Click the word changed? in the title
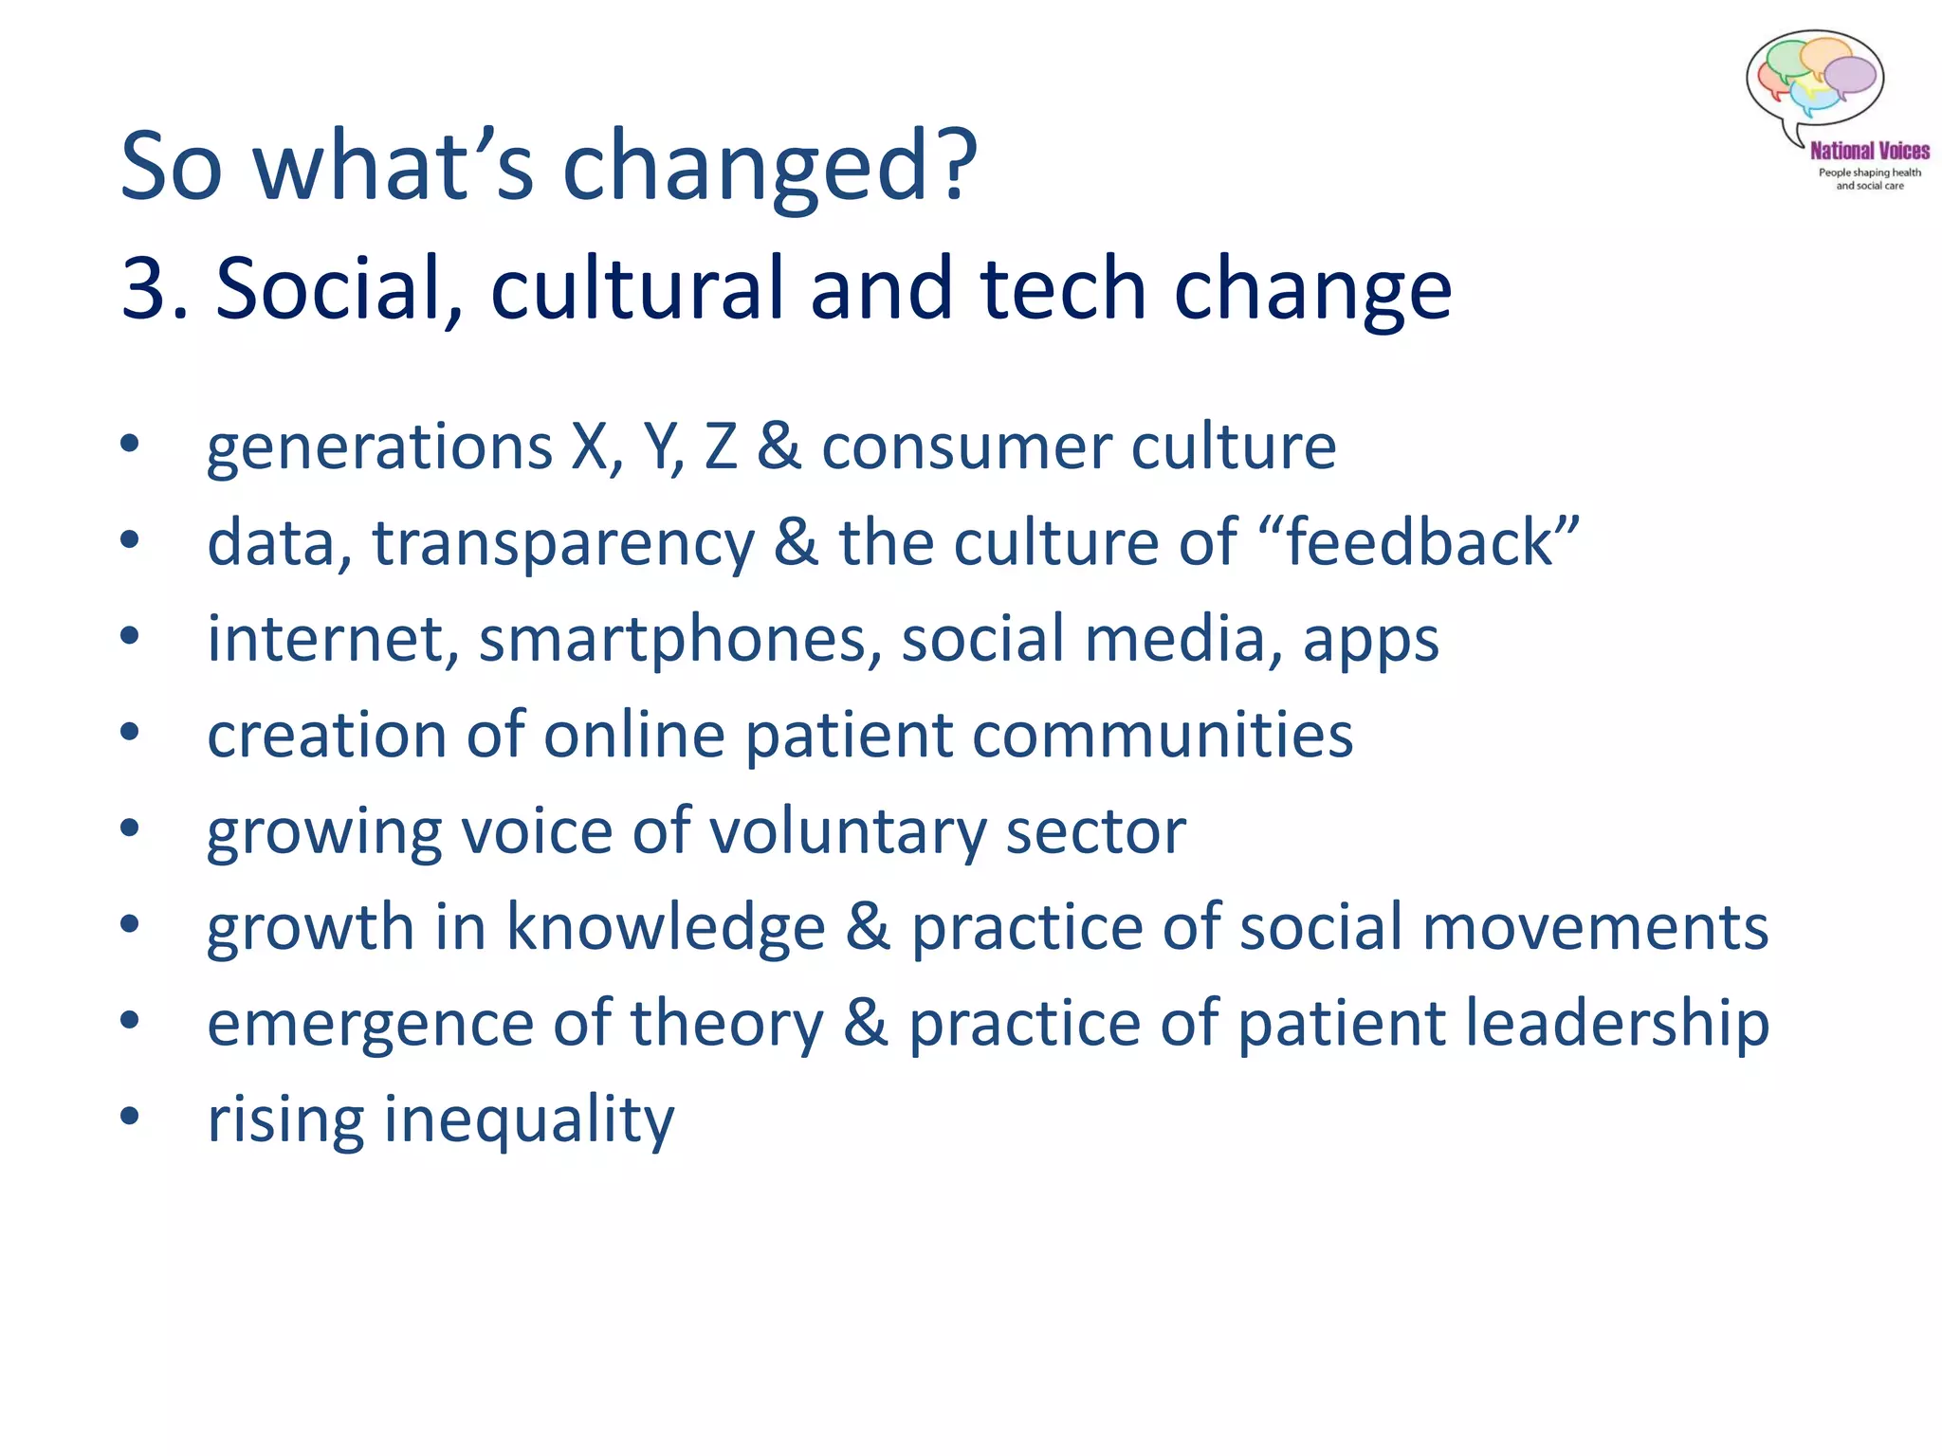[x=769, y=167]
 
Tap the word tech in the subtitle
[x=1063, y=289]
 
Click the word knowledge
[x=666, y=926]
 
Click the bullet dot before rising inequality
[x=130, y=1116]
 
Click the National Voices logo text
[x=1869, y=151]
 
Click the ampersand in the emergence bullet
[x=865, y=1024]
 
